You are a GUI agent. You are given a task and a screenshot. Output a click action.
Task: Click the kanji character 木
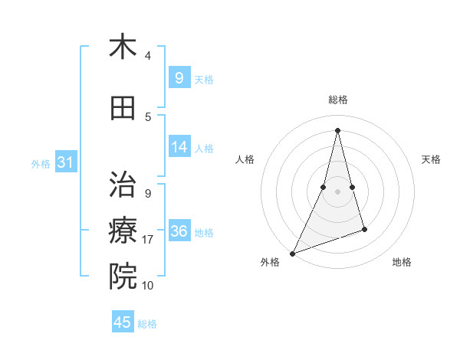tap(123, 47)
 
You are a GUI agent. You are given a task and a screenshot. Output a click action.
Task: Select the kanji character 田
tap(123, 108)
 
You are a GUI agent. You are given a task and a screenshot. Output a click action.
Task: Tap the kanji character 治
tap(123, 185)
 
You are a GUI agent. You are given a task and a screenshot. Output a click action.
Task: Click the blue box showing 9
tap(179, 77)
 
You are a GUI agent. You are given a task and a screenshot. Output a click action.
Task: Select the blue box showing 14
tap(179, 147)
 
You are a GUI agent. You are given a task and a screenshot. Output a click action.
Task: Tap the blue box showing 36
tap(179, 231)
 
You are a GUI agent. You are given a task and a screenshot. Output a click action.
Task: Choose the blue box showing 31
tap(65, 162)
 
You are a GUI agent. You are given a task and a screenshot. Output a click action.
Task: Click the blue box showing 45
tap(123, 322)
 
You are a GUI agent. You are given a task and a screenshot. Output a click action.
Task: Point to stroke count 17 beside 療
tap(148, 240)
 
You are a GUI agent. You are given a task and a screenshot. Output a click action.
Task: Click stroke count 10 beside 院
tap(148, 286)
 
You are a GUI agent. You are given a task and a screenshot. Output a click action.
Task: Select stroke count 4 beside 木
tap(148, 56)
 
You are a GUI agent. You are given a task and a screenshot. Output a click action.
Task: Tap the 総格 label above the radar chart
tap(337, 100)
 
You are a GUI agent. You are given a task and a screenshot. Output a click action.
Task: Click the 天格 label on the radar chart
tap(432, 159)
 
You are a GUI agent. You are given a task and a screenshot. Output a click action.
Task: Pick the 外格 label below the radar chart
tap(270, 263)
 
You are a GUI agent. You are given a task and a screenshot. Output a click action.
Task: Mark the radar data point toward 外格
tap(292, 254)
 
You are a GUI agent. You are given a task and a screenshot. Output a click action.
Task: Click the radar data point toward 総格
tap(337, 130)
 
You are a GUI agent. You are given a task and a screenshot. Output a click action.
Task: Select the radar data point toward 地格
tap(364, 229)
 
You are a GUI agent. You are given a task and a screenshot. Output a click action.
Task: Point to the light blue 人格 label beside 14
tap(204, 149)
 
